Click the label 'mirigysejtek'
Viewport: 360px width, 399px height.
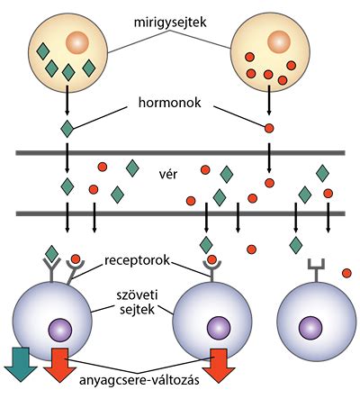coord(170,23)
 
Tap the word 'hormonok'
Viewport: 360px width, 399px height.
coord(170,103)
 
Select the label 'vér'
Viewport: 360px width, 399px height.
coord(167,174)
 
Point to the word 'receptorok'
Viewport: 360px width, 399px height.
coord(137,260)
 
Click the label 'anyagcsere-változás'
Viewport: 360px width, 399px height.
coord(139,381)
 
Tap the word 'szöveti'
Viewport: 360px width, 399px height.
coord(138,295)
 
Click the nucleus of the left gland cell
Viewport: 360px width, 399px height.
coord(77,42)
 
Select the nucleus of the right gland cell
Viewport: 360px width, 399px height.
coord(279,42)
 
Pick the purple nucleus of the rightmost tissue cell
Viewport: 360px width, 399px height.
coord(310,328)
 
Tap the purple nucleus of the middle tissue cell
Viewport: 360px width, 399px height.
coord(219,328)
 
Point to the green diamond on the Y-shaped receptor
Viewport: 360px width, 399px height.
coord(51,254)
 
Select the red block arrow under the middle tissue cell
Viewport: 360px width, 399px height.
coord(219,366)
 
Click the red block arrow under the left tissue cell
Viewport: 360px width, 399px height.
coord(60,365)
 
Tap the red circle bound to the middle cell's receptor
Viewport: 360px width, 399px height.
coord(211,259)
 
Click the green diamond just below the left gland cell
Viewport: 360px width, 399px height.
coord(67,129)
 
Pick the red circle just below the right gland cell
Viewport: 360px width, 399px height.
coord(269,129)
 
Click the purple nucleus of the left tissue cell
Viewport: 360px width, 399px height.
coord(60,331)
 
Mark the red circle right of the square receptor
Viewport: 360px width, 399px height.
coord(346,273)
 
